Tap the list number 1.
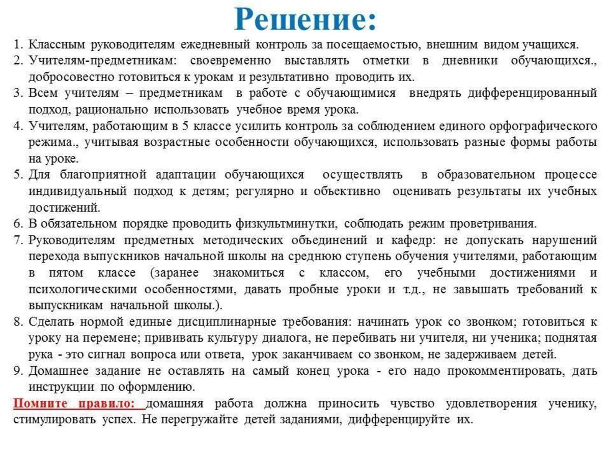(x=17, y=45)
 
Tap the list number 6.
(x=18, y=224)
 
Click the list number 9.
(x=18, y=371)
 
